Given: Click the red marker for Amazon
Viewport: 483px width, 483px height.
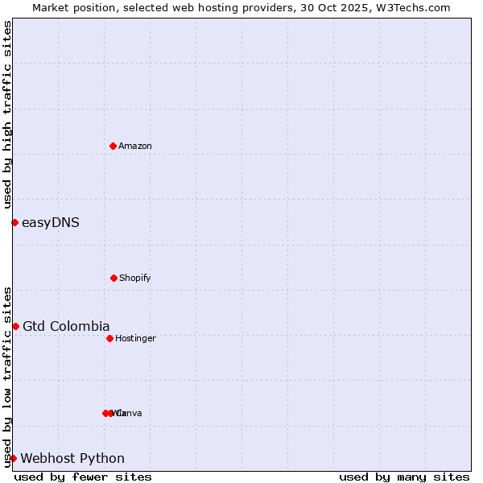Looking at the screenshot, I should pos(113,146).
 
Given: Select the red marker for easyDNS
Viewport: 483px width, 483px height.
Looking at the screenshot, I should pos(14,222).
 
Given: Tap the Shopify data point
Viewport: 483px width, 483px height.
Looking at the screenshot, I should pos(114,278).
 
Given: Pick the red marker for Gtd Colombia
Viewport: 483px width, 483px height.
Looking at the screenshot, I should pos(15,326).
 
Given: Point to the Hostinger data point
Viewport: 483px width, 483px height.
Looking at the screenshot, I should pos(109,338).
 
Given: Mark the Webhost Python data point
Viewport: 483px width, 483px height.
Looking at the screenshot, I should pos(13,458).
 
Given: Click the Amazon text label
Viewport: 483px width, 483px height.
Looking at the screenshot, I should pos(135,146).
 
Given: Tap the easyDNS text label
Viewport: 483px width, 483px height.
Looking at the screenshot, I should pos(51,222).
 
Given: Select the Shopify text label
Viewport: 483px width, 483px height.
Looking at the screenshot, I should pos(135,278).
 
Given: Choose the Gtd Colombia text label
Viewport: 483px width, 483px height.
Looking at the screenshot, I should pos(66,326).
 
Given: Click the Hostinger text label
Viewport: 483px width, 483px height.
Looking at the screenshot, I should pos(135,338).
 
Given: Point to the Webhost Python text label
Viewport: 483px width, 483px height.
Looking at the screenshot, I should pos(72,458).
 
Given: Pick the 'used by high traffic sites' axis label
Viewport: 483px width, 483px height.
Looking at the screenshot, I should pos(7,115).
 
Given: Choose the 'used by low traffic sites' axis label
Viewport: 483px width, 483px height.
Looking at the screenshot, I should pos(7,376).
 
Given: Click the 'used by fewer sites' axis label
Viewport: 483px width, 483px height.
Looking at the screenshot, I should pos(83,477).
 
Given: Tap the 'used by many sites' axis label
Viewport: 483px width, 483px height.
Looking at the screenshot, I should pos(404,477).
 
